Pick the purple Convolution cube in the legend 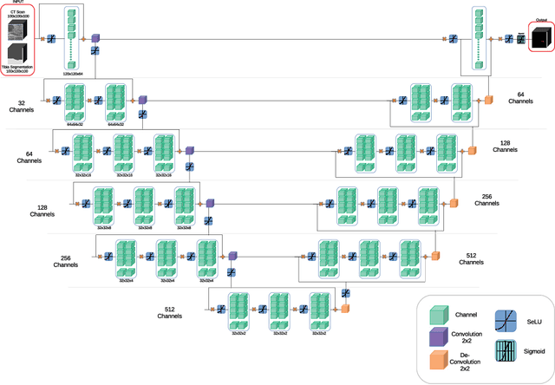click(442, 336)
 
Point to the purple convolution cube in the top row click(95, 39)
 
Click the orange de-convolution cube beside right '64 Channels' click(488, 100)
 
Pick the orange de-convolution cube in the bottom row click(345, 307)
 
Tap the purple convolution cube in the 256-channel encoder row click(231, 256)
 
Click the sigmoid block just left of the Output click(520, 39)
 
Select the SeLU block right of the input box click(51, 39)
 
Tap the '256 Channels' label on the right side click(488, 199)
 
